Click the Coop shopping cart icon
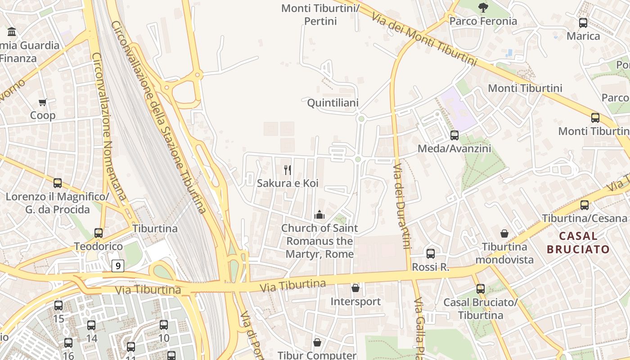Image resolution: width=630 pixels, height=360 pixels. click(x=43, y=103)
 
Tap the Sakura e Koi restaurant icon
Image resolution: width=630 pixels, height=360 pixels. click(x=288, y=170)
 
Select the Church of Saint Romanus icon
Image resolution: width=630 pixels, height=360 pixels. click(x=319, y=215)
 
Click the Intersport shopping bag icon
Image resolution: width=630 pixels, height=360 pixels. click(x=355, y=288)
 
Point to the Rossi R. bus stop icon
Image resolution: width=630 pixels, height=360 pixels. click(x=431, y=253)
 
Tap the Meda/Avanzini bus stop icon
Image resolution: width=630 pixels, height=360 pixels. click(x=454, y=135)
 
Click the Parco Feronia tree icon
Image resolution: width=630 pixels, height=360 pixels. click(x=483, y=7)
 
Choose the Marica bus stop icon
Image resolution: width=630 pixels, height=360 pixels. click(x=583, y=22)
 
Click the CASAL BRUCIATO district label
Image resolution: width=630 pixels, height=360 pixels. click(x=578, y=243)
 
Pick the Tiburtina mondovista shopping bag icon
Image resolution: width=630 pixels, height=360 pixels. click(x=504, y=234)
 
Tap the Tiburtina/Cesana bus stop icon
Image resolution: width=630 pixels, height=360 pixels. click(x=585, y=205)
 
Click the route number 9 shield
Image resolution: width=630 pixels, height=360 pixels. click(x=118, y=266)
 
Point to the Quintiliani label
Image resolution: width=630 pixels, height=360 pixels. click(x=333, y=103)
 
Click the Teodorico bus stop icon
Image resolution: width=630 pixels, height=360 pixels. click(x=99, y=233)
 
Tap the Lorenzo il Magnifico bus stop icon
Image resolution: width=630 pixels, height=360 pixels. click(x=58, y=183)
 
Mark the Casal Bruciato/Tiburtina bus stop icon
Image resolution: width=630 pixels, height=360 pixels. click(x=481, y=289)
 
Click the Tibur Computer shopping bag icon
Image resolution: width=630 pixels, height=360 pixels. click(x=317, y=343)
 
